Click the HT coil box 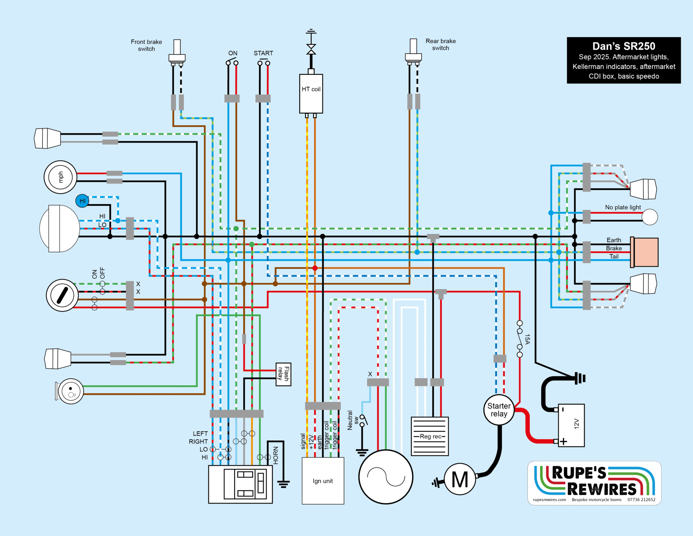[311, 93]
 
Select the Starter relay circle [499, 410]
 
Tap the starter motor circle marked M [460, 479]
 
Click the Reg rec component [430, 436]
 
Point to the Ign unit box [323, 481]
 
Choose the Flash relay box [284, 374]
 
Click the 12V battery [571, 425]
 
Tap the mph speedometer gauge [61, 177]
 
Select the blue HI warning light [82, 201]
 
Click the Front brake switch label [146, 45]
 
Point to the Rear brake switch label [440, 44]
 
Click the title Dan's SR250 [624, 46]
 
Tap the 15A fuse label [527, 339]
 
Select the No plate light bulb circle [650, 217]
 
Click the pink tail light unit [646, 252]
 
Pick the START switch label [263, 53]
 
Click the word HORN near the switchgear [276, 455]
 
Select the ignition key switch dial [62, 295]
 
